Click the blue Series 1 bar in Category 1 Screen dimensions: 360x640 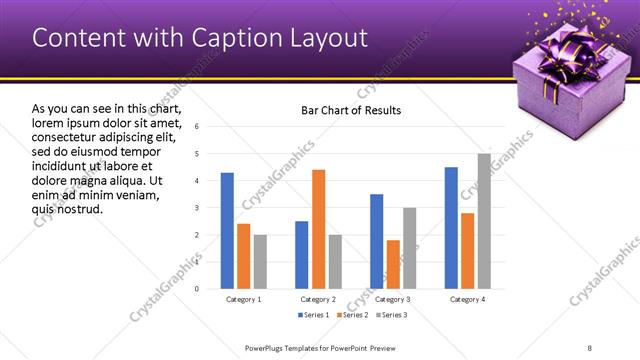pyautogui.click(x=227, y=231)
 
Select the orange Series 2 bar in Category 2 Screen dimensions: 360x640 pyautogui.click(x=318, y=229)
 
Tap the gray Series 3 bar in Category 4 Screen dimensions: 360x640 pyautogui.click(x=484, y=221)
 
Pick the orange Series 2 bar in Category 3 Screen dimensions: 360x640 pyautogui.click(x=393, y=264)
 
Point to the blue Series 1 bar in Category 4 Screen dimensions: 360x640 pyautogui.click(x=451, y=228)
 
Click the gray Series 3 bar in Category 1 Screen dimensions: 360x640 pyautogui.click(x=260, y=262)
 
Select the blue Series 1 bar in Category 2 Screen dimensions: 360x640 pyautogui.click(x=302, y=255)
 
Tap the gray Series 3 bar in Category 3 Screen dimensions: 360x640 pyautogui.click(x=409, y=248)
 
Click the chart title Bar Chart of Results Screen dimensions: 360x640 pyautogui.click(x=351, y=110)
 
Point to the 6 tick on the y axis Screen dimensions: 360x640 pyautogui.click(x=197, y=127)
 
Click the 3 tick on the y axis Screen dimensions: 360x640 pyautogui.click(x=197, y=208)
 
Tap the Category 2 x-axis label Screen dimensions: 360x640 pyautogui.click(x=318, y=299)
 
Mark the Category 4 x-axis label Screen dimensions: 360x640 pyautogui.click(x=468, y=299)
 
